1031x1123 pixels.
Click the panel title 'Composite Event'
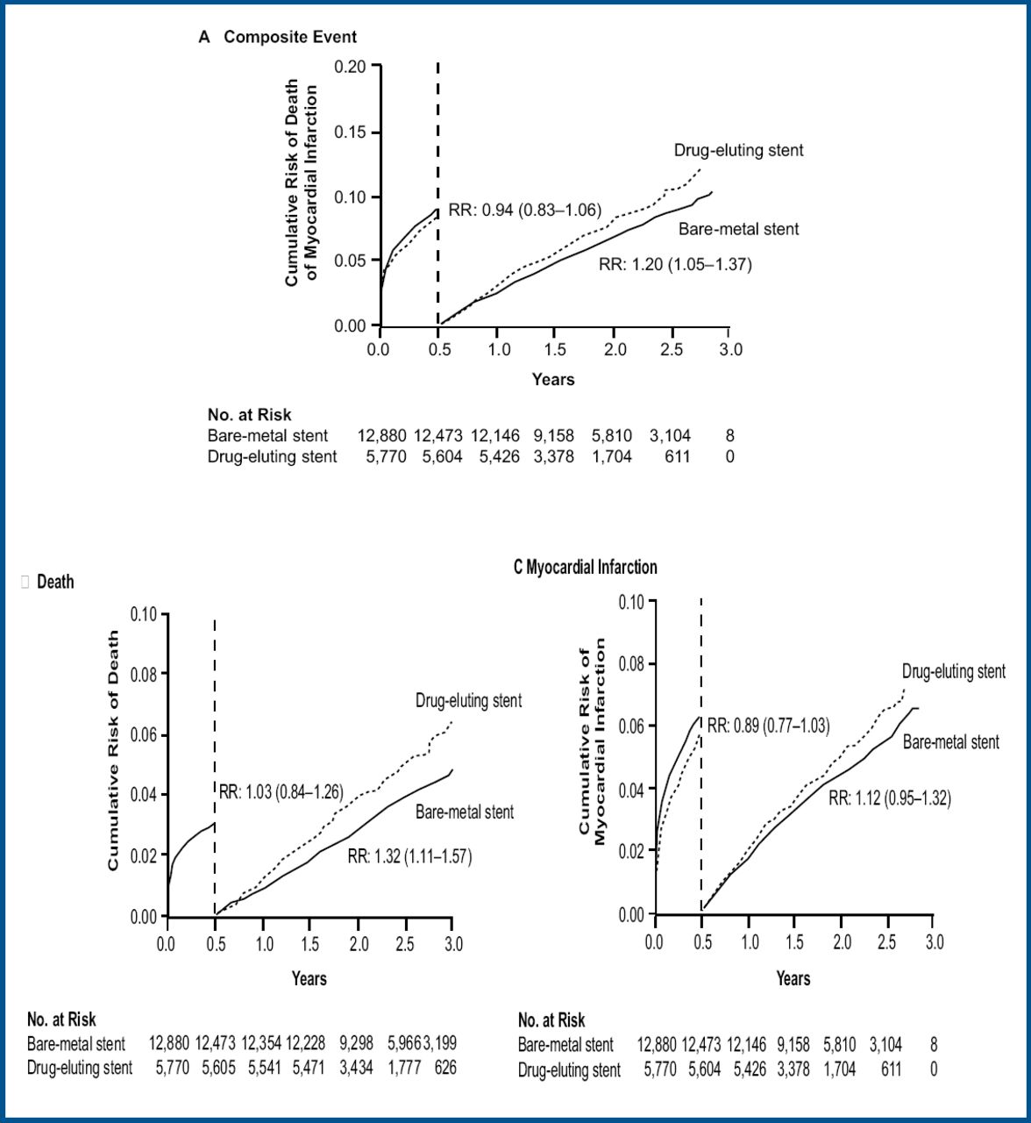click(290, 37)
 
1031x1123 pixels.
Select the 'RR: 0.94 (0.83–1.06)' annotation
click(524, 211)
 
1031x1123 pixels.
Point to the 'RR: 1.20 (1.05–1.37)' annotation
click(675, 264)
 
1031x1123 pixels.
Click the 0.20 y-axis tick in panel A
click(354, 67)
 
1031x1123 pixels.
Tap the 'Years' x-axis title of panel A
click(553, 379)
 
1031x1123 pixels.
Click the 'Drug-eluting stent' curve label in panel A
click(738, 150)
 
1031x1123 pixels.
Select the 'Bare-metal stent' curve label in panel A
click(739, 229)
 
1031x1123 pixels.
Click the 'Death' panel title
click(55, 582)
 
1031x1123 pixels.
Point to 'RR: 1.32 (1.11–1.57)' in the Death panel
click(409, 856)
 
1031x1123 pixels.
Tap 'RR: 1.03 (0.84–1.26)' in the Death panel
click(281, 793)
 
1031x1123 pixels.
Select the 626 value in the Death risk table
click(444, 1068)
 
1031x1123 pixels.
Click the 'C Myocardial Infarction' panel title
click(585, 568)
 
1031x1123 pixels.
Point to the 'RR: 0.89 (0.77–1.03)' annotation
click(768, 726)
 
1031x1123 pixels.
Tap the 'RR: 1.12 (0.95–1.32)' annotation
click(890, 798)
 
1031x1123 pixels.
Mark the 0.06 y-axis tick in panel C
click(632, 726)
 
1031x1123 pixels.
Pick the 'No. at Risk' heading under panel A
click(249, 415)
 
